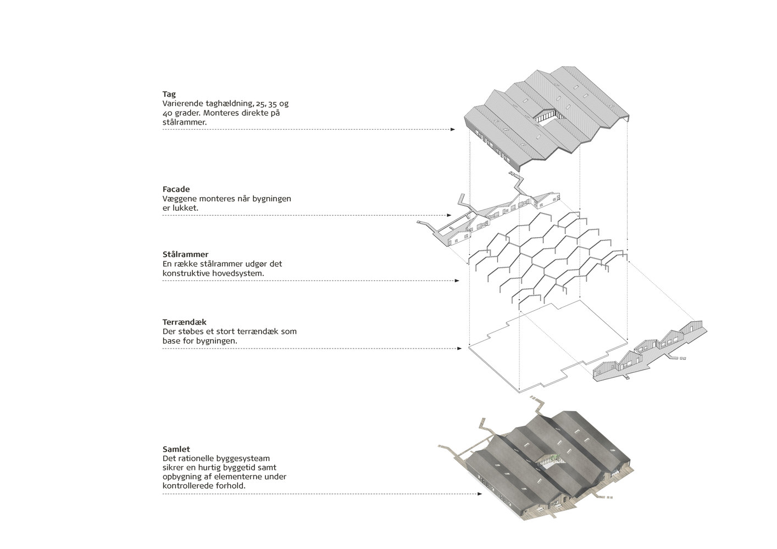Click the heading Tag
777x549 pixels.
[169, 94]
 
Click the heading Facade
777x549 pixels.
[176, 189]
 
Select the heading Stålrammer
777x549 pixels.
[185, 255]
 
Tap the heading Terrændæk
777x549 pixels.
[184, 322]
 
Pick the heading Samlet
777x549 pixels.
[176, 449]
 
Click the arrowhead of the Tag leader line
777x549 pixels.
[453, 130]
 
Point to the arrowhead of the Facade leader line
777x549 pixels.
[449, 216]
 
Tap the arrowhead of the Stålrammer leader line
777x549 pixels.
[457, 281]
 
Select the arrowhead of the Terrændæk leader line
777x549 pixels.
[459, 349]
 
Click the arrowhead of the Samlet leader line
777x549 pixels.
[480, 494]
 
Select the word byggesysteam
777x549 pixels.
[244, 458]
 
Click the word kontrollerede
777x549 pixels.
[187, 486]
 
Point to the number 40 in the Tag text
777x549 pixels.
[167, 113]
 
